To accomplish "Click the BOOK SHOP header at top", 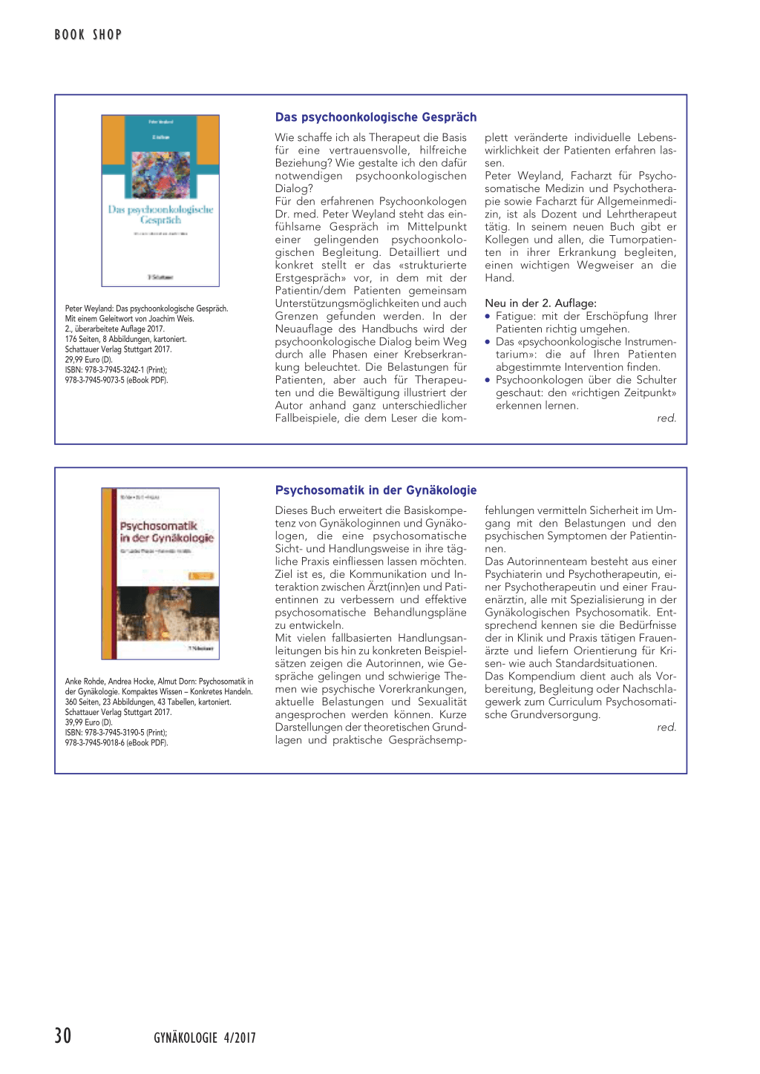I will (88, 34).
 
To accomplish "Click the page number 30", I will (63, 1035).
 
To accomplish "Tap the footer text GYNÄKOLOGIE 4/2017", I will (204, 1038).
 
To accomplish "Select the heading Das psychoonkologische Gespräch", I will (376, 117).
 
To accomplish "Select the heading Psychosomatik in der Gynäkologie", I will (376, 490).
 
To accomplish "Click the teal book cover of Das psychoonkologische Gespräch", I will (160, 200).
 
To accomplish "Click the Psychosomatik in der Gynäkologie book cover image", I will (160, 573).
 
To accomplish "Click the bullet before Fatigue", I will (488, 316).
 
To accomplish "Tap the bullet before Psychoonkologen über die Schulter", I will (488, 380).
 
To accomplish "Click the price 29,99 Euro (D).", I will (88, 360).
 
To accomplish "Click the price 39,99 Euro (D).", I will (88, 722).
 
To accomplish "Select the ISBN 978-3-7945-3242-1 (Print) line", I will (116, 370).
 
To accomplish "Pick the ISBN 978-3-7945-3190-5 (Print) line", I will (116, 733).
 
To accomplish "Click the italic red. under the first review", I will (666, 418).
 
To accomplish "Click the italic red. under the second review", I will (666, 728).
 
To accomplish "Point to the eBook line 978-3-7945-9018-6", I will (116, 742).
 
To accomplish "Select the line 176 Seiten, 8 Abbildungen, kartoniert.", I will (125, 339).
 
